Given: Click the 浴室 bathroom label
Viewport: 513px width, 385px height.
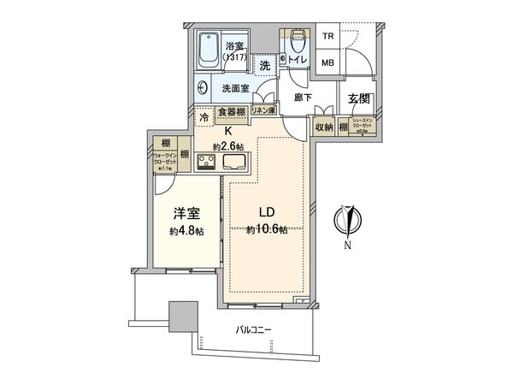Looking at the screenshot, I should tap(233, 46).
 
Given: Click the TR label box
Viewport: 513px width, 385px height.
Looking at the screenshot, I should tap(327, 37).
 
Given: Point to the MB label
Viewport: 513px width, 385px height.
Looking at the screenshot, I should tap(327, 62).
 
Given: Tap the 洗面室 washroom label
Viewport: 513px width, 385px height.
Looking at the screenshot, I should tap(235, 87).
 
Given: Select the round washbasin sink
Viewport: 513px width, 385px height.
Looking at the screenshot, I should tap(202, 86).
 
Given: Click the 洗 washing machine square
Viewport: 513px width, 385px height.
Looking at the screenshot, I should tap(266, 65).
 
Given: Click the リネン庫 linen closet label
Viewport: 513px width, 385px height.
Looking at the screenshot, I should tap(262, 110).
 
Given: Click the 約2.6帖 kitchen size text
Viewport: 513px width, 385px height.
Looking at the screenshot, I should tap(229, 145).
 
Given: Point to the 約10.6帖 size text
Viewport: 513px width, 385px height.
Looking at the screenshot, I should tap(268, 230).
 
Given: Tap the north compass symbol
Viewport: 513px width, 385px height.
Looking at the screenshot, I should tap(347, 222).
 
